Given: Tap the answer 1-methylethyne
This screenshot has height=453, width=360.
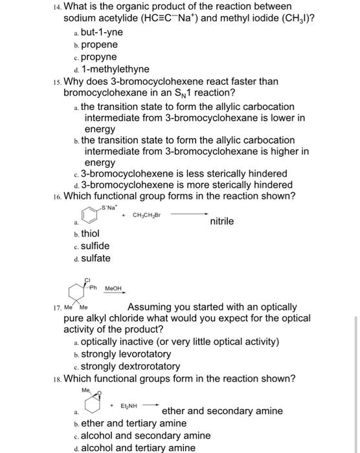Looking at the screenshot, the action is pos(115,69).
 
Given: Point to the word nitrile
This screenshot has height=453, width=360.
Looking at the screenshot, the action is pos(222,221).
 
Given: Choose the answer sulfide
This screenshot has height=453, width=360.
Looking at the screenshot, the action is pos(95,246).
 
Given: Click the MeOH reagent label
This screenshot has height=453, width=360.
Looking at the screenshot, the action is pos(114,290).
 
